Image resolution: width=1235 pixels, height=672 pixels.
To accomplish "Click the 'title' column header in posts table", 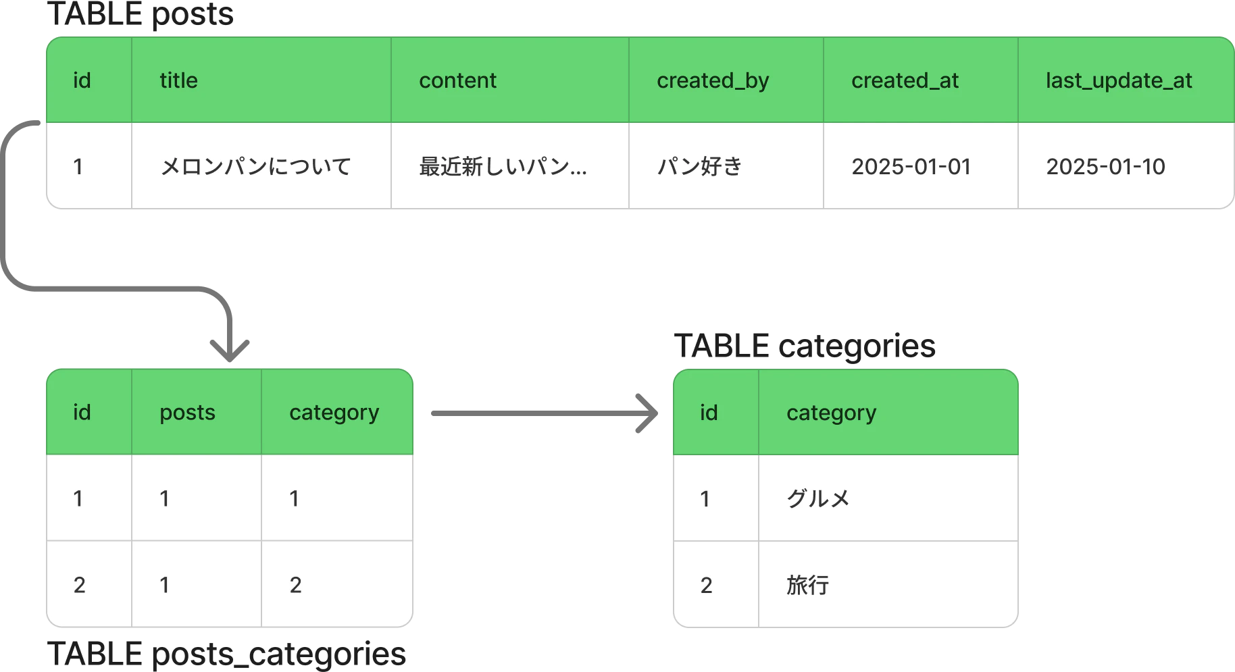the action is click(178, 80).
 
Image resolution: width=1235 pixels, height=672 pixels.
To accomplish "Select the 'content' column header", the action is click(457, 80).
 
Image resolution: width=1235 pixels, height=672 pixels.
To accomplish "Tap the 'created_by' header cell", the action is click(713, 81).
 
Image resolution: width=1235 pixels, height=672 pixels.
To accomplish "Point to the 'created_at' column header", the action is click(905, 81).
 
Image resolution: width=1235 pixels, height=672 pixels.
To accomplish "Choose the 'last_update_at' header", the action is click(1119, 81).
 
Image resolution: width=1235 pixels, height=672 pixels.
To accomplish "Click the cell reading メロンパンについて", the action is click(255, 166).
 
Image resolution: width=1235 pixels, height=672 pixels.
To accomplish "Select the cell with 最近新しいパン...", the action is click(503, 166).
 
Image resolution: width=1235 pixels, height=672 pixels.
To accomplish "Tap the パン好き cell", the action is click(699, 166).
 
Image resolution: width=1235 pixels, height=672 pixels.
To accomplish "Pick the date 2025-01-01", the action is click(911, 166).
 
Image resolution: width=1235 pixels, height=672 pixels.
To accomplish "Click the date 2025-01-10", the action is click(1105, 166).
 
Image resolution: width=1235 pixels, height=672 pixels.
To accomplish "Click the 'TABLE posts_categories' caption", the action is click(226, 654).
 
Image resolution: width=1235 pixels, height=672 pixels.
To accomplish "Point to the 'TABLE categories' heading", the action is click(805, 346).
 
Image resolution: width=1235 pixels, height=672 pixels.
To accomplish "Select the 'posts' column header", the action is click(187, 413).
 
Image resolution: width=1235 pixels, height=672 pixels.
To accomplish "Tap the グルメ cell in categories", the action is click(817, 498).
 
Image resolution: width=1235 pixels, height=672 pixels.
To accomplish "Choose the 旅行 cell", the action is click(807, 585).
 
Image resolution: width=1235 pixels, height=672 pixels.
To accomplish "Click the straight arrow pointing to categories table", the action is click(545, 413).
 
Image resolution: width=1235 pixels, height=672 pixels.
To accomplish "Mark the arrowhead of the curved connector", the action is click(230, 351).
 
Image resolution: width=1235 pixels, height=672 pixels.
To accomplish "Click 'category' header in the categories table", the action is click(831, 413).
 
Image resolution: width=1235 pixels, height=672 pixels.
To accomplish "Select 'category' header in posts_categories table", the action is click(334, 413).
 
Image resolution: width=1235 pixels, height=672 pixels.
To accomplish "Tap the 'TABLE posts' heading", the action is click(141, 14).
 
